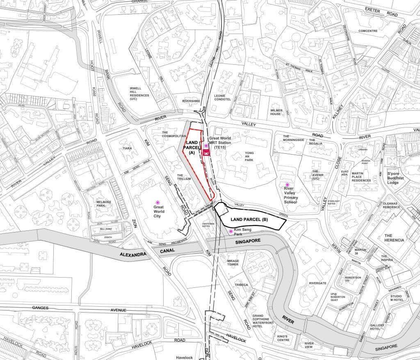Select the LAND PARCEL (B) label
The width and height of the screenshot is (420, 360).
pos(249,220)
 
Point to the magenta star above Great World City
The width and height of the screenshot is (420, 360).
pos(157,202)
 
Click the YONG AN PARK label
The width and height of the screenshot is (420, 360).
pos(244,159)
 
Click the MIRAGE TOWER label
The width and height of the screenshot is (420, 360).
pos(233,262)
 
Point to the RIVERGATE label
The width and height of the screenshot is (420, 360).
pos(317,283)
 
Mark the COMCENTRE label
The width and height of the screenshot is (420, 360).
pos(367,31)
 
